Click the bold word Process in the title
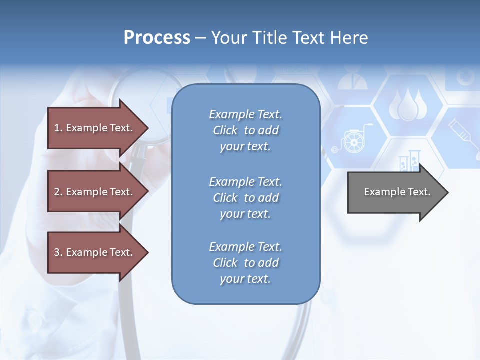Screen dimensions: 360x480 tap(156, 38)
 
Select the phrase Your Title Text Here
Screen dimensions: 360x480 tap(289, 38)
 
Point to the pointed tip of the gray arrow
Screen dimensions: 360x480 tap(447, 192)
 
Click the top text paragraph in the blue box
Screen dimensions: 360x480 tap(245, 130)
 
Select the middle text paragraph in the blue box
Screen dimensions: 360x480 tap(245, 198)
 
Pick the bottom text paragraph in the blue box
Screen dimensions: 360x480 tap(245, 263)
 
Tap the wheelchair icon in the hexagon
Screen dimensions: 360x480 tap(352, 138)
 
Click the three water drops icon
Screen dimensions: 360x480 tap(408, 105)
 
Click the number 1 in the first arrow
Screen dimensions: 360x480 tap(57, 128)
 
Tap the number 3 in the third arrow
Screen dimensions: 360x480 tap(57, 252)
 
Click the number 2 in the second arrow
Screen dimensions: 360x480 tap(57, 192)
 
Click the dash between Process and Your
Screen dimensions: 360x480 tap(200, 38)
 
